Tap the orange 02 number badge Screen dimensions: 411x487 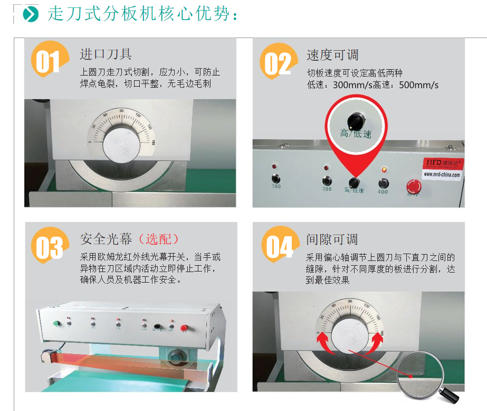(278, 62)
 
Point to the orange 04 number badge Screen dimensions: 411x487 (278, 246)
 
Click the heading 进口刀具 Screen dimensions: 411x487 (106, 54)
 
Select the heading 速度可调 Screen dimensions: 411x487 (332, 54)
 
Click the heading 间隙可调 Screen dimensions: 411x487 (332, 239)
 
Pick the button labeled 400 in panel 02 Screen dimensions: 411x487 (384, 183)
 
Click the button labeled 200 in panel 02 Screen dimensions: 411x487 (275, 179)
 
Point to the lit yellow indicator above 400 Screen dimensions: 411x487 (384, 170)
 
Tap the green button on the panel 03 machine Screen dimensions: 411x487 (56, 323)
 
